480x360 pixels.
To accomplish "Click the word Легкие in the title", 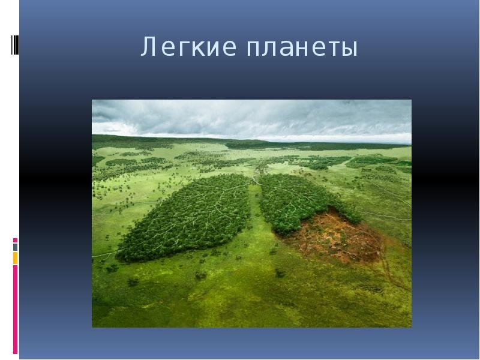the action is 188,47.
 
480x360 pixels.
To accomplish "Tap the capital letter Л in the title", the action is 148,47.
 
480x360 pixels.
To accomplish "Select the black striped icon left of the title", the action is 15,45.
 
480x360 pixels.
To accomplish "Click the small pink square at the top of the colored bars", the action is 16,241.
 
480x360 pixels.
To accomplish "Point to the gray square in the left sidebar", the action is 16,247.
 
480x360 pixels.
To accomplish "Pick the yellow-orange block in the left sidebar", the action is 16,258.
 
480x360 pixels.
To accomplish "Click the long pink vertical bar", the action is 16,310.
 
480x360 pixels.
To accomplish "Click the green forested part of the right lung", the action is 300,202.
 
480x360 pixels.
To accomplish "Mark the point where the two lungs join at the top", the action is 254,178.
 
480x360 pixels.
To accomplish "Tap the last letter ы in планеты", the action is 350,49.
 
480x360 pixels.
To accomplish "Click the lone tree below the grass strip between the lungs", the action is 280,272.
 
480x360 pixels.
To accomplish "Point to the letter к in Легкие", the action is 196,49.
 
